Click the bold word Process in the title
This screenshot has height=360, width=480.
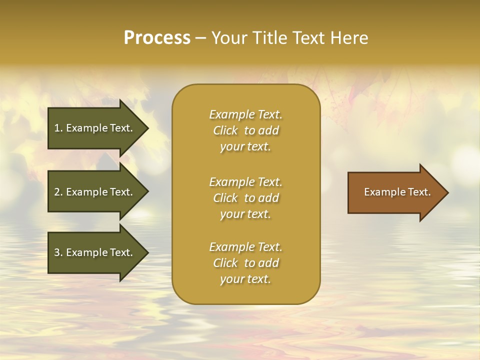(x=157, y=38)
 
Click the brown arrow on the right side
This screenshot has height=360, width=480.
(x=395, y=192)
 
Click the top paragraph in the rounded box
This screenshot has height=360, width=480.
(x=245, y=130)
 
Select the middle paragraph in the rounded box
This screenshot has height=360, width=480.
(x=245, y=198)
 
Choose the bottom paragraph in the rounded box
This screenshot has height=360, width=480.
(x=245, y=263)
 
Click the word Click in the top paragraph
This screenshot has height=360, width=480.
(x=225, y=130)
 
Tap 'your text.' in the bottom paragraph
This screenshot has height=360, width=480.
(x=245, y=279)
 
